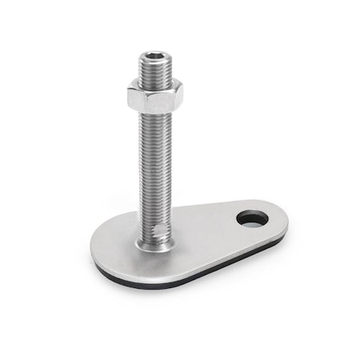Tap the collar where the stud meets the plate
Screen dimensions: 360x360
click(x=154, y=243)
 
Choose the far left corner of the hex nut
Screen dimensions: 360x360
click(x=126, y=97)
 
